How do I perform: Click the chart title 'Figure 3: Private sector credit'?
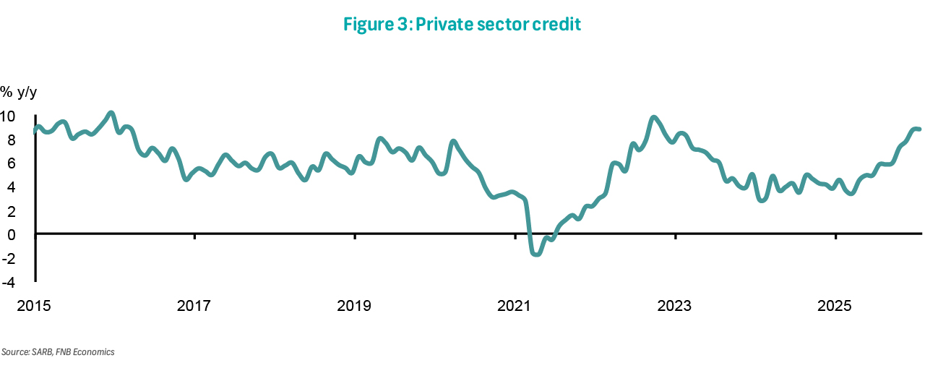pyautogui.click(x=462, y=25)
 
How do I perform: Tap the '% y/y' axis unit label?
pyautogui.click(x=18, y=92)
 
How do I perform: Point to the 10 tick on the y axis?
pyautogui.click(x=8, y=116)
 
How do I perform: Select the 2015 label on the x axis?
pyautogui.click(x=34, y=306)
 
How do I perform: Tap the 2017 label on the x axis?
pyautogui.click(x=194, y=306)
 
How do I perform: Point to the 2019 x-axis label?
pyautogui.click(x=355, y=306)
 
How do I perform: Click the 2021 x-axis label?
pyautogui.click(x=515, y=306)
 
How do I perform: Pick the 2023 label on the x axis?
pyautogui.click(x=675, y=306)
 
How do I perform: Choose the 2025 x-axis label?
pyautogui.click(x=835, y=306)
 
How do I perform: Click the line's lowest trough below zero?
pyautogui.click(x=535, y=254)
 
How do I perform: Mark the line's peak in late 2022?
pyautogui.click(x=654, y=117)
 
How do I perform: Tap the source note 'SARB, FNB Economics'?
pyautogui.click(x=58, y=352)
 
